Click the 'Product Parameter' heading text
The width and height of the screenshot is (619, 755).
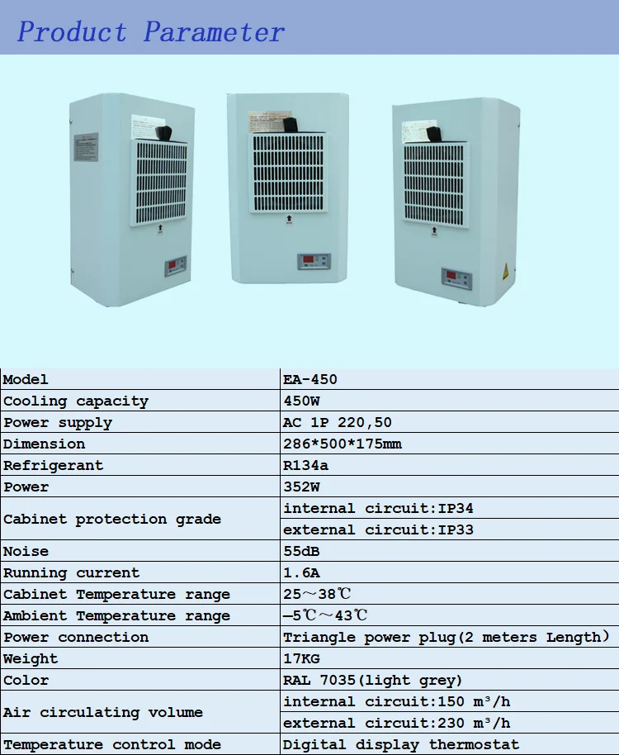coord(151,32)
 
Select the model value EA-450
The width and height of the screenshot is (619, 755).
coord(310,380)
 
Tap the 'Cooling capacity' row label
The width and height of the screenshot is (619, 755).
coord(76,401)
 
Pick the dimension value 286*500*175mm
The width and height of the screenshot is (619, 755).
coord(343,444)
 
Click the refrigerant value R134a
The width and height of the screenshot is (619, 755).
coord(305,466)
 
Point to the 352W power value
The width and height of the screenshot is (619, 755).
coord(301,487)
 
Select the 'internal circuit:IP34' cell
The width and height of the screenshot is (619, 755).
coord(378,509)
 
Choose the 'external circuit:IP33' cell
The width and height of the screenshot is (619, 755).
coord(378,530)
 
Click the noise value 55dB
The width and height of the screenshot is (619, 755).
coord(301,552)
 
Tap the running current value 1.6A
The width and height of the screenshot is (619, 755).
coord(301,573)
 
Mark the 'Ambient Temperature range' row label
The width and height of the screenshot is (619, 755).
coord(116,616)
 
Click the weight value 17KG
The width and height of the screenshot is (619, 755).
coord(301,659)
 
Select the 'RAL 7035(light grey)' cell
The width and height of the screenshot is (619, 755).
coord(372,681)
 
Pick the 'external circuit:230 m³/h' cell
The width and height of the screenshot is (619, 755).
coord(397,724)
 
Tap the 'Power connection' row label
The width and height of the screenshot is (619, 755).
coord(76,638)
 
